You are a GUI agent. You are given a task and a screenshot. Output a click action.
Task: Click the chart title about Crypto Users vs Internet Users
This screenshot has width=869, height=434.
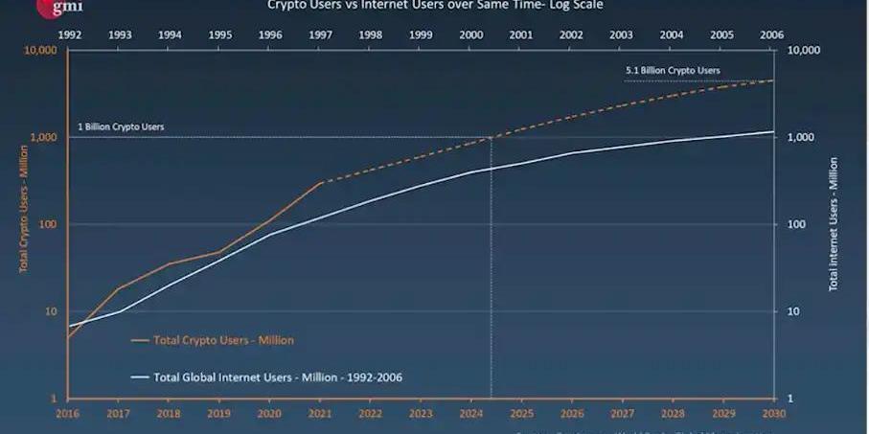point(435,6)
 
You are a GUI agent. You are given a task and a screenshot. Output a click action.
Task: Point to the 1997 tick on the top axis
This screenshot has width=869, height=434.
point(320,34)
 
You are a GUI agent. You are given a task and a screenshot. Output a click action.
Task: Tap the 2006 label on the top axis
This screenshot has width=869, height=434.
point(772,34)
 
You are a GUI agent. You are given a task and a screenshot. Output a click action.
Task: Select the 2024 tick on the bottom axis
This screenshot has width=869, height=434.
point(470,414)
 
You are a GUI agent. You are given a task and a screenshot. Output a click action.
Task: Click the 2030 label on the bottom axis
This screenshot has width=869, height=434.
point(773,414)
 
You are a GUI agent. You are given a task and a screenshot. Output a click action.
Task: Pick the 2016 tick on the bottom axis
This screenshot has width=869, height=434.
point(68,414)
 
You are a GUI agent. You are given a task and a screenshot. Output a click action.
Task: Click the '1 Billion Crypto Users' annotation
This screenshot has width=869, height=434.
point(121,127)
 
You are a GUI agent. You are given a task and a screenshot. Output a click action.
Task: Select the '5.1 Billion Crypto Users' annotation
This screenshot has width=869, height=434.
point(673,71)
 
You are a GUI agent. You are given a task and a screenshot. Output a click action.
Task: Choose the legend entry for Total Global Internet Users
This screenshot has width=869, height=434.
point(278,377)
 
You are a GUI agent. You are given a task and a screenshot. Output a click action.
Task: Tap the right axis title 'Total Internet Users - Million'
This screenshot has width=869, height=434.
point(835,224)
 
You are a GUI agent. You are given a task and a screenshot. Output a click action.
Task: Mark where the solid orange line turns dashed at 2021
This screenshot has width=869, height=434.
point(320,182)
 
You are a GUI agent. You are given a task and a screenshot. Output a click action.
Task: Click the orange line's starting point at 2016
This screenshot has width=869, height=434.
point(69,337)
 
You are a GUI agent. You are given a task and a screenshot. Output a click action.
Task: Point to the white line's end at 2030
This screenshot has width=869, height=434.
point(773,132)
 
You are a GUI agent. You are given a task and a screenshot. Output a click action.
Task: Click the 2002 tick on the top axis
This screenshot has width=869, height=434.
point(571,34)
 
